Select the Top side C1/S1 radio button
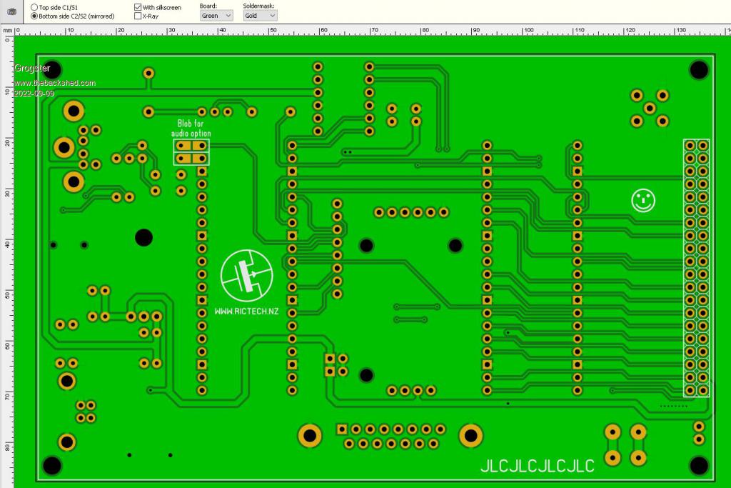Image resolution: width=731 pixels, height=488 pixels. click(x=34, y=6)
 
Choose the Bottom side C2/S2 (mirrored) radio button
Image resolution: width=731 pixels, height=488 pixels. click(x=34, y=15)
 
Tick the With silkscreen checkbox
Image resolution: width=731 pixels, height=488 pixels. click(x=138, y=6)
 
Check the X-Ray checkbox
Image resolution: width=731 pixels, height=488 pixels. click(x=138, y=15)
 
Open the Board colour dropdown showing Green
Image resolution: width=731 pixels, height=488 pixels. click(x=216, y=15)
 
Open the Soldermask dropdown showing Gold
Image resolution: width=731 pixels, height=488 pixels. click(x=259, y=15)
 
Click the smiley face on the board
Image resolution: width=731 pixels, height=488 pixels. click(x=643, y=200)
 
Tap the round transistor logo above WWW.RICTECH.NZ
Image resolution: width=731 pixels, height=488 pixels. click(x=247, y=277)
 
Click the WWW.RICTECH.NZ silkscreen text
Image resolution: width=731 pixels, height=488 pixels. click(x=246, y=312)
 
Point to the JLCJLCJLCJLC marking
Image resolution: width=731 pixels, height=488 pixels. click(x=537, y=466)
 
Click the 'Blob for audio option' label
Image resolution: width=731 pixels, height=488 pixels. click(x=191, y=129)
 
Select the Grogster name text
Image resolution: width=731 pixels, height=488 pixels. click(x=32, y=69)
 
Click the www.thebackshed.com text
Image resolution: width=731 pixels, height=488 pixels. click(x=55, y=83)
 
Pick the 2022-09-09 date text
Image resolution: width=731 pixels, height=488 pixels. click(x=34, y=94)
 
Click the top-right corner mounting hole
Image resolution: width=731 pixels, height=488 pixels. click(x=698, y=69)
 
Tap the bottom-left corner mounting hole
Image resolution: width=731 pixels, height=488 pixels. click(x=52, y=466)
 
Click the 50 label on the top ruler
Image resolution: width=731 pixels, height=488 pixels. click(x=273, y=30)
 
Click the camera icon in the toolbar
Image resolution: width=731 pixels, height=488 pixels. click(x=11, y=11)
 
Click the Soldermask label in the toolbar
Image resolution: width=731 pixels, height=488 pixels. click(x=258, y=5)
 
